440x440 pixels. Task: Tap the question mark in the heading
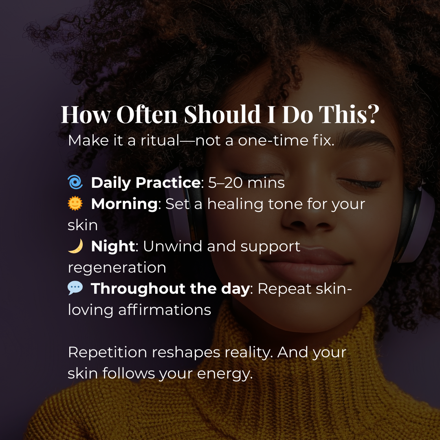[x=373, y=114]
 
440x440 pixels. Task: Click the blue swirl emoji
[x=75, y=182]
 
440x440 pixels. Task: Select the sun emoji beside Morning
[x=75, y=203]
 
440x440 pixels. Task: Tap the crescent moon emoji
[x=76, y=246]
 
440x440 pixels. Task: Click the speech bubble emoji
[x=75, y=288]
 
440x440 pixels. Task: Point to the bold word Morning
[x=125, y=204]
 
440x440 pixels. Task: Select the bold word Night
[x=113, y=246]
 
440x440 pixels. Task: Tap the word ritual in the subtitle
[x=160, y=140]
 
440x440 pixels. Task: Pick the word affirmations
[x=165, y=310]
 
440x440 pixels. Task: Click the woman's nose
[x=309, y=216]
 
